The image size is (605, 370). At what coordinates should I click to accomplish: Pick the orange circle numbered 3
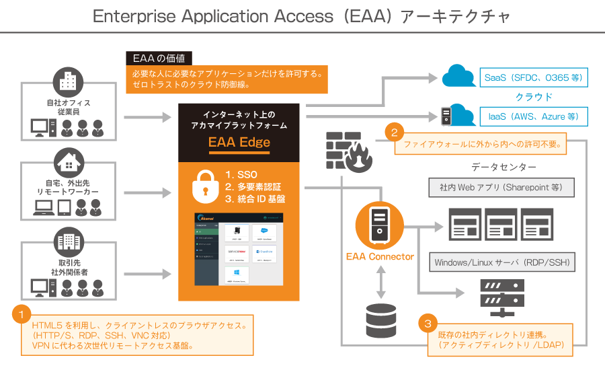[428, 324]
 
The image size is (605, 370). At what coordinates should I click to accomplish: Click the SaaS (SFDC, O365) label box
[534, 77]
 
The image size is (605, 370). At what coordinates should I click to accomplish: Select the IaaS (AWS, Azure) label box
[534, 116]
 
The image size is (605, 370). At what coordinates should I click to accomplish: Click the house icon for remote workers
[66, 161]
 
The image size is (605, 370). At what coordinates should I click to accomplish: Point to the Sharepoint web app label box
[501, 186]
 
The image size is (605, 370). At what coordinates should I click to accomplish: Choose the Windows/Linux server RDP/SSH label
[501, 262]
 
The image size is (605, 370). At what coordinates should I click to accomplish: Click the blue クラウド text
[534, 97]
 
